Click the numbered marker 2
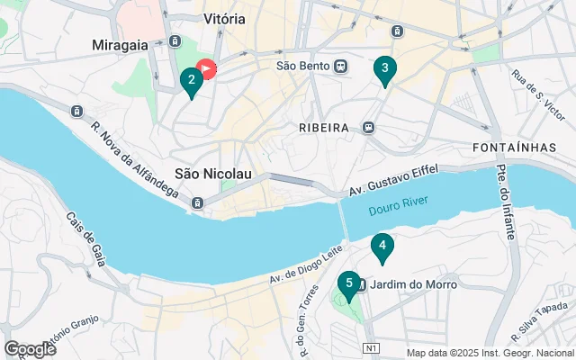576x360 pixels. click(190, 81)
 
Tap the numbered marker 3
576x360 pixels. click(385, 68)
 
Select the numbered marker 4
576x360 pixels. click(382, 246)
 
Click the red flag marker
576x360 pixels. click(206, 68)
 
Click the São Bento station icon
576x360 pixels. click(341, 66)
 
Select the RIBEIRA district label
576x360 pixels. click(323, 128)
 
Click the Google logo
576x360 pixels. click(30, 349)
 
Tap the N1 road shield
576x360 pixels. click(371, 347)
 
